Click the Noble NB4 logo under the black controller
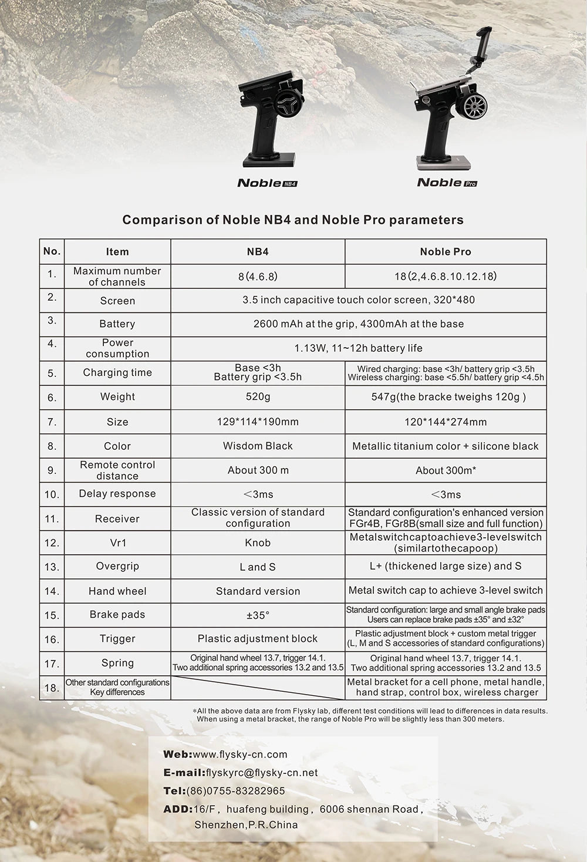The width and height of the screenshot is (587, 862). (267, 183)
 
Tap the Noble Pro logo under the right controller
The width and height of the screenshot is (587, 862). (447, 183)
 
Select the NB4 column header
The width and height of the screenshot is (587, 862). (258, 251)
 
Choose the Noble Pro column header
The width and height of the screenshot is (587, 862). (446, 251)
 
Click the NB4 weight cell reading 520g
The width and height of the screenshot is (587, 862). (258, 397)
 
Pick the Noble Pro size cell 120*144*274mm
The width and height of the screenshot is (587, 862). (446, 422)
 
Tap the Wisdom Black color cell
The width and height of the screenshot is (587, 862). (258, 446)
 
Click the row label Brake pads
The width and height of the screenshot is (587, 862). (117, 615)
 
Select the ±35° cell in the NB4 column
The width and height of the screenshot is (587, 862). (258, 615)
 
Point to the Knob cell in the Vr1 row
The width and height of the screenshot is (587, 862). (258, 543)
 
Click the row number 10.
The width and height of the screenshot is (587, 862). (52, 494)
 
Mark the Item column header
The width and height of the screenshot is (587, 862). (117, 251)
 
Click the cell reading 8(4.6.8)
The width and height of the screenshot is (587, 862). (258, 276)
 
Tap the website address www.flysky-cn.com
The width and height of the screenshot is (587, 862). (240, 755)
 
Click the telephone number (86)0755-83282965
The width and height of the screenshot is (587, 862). (235, 791)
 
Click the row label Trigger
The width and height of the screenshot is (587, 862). (117, 639)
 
